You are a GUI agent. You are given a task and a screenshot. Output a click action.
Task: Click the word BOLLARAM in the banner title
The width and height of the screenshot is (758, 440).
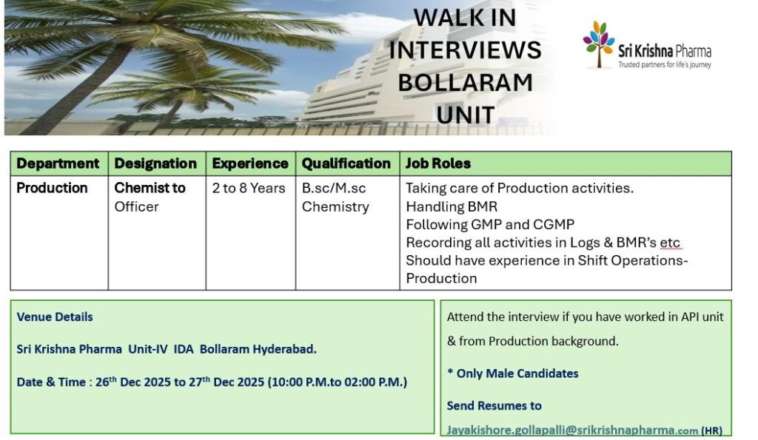click(465, 83)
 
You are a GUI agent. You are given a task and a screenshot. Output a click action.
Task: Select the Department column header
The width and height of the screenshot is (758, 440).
click(58, 163)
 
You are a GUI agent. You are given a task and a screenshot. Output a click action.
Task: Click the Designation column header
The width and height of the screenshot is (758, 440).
click(155, 163)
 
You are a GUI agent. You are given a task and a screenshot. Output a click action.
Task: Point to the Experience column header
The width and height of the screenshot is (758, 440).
click(250, 163)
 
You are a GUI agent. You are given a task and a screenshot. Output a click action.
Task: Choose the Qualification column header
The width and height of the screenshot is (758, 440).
click(346, 163)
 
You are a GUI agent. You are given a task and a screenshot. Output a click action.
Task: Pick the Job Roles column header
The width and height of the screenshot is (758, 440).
click(438, 163)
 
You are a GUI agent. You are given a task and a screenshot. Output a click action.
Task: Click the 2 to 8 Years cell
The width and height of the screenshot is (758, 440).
click(249, 188)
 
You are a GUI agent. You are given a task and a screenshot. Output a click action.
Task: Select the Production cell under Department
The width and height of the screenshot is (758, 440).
click(53, 188)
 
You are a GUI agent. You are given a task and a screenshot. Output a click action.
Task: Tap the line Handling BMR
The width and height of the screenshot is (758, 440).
click(452, 207)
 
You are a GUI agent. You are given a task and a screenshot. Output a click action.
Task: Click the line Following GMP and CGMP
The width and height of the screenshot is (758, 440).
click(490, 225)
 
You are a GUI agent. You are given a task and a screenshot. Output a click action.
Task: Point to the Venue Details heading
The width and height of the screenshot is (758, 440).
click(55, 317)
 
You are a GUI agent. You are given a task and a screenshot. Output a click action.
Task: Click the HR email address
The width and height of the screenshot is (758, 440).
click(572, 430)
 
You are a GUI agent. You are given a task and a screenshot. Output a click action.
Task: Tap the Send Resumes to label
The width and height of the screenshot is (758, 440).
click(494, 406)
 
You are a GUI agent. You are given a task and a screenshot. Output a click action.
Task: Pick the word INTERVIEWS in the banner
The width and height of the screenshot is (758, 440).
click(465, 50)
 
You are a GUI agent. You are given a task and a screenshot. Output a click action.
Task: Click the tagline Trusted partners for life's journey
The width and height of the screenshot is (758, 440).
click(665, 65)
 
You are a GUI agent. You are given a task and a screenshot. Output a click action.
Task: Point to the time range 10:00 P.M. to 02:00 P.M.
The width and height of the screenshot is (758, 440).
click(338, 382)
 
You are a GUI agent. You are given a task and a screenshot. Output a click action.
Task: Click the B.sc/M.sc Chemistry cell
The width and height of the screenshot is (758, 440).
click(335, 197)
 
